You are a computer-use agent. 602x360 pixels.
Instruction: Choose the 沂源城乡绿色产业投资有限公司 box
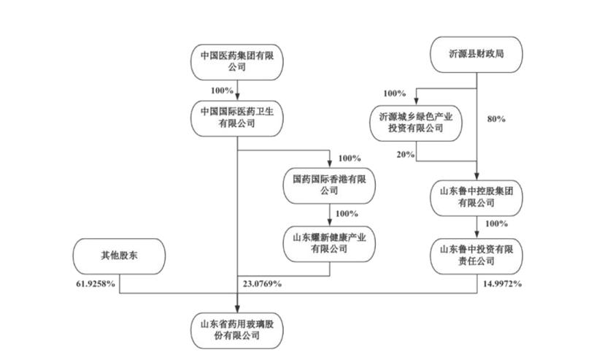[417, 123]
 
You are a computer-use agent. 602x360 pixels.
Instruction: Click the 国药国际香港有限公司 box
[329, 184]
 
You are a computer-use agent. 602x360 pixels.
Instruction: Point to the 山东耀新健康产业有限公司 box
[329, 243]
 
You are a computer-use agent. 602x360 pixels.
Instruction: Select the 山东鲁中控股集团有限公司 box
[477, 198]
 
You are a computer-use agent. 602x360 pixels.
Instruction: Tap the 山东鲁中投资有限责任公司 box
[477, 255]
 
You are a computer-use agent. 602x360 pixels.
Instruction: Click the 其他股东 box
[120, 256]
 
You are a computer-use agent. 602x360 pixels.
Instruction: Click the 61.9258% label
[96, 283]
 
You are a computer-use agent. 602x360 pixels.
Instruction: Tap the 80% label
[496, 118]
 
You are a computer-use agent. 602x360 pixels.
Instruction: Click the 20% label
[406, 155]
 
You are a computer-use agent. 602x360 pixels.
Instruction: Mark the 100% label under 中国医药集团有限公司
[222, 91]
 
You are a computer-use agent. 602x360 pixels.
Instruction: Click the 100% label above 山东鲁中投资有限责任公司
[495, 223]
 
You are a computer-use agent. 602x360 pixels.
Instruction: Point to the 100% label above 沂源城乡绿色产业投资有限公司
[394, 93]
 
